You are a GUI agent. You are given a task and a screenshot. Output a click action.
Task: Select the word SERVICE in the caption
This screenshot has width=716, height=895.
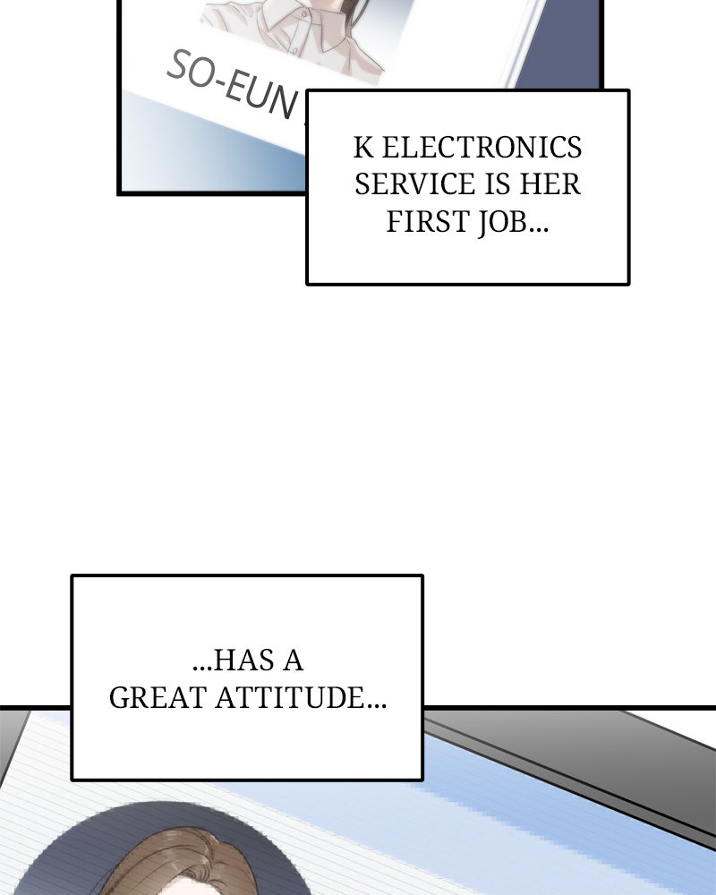(x=408, y=184)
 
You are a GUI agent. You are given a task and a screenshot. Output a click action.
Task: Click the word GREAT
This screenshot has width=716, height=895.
(x=158, y=698)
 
